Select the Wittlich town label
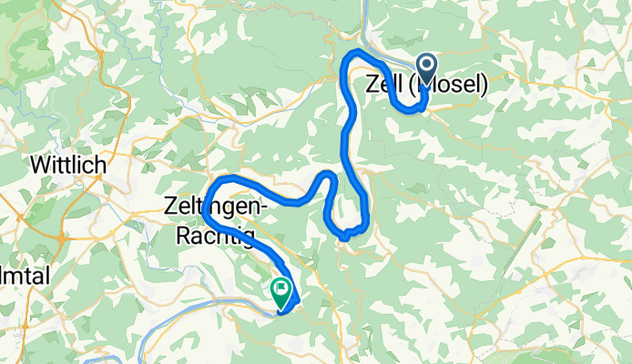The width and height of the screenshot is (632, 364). click(69, 167)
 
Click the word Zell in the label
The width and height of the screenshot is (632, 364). click(382, 85)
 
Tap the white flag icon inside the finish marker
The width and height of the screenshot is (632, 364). click(280, 289)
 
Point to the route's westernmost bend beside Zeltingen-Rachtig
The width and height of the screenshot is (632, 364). click(204, 205)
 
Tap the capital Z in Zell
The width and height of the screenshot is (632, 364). click(371, 85)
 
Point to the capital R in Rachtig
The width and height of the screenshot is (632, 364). click(179, 236)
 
